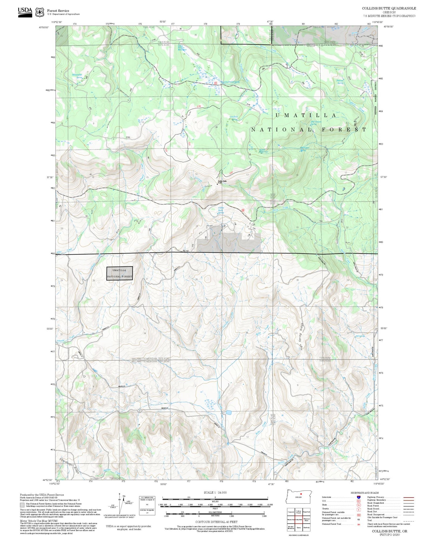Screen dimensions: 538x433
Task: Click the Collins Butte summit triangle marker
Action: [218, 184]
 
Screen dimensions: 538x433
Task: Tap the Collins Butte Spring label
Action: [221, 210]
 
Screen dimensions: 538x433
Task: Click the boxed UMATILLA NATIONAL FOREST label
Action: [120, 273]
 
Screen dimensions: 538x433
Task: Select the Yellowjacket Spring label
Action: [77, 76]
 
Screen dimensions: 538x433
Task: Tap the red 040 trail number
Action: [231, 172]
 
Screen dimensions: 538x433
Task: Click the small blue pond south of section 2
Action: [229, 412]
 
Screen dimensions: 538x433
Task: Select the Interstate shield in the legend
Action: [359, 497]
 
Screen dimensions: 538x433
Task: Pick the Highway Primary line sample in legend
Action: [408, 497]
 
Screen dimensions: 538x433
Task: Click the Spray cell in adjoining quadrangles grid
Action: [298, 528]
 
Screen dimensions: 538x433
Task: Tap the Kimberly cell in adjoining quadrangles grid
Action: [307, 528]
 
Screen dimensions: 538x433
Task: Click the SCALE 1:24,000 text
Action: [215, 492]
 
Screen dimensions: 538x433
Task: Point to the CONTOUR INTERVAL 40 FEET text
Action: [216, 522]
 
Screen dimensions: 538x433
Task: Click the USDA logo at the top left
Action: [25, 12]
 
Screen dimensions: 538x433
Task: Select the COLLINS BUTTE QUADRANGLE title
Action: [389, 8]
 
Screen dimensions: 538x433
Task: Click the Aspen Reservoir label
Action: [263, 151]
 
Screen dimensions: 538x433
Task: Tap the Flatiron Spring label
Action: [340, 82]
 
